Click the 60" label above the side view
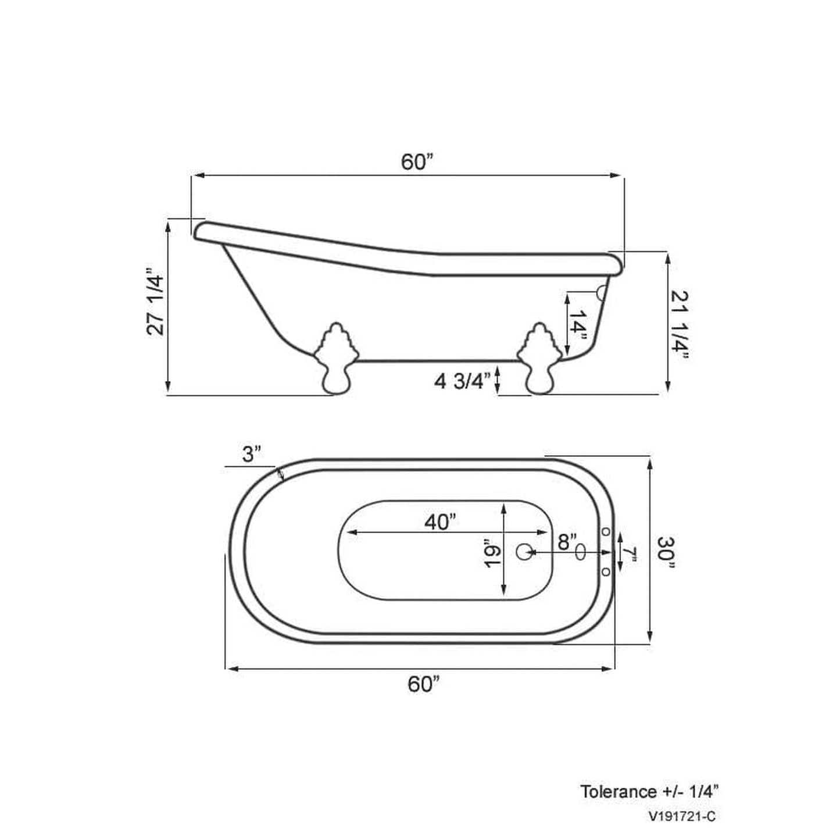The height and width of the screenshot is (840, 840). (x=417, y=163)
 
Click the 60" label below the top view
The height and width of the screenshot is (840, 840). (x=423, y=684)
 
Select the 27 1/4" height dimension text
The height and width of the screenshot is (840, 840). (x=156, y=301)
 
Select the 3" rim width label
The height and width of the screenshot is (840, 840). (x=252, y=454)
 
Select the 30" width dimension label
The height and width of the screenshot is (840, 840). (x=667, y=550)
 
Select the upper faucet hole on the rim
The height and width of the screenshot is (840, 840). (x=605, y=531)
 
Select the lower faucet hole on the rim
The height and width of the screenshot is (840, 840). (x=605, y=572)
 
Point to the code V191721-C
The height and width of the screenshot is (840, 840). (x=682, y=817)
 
